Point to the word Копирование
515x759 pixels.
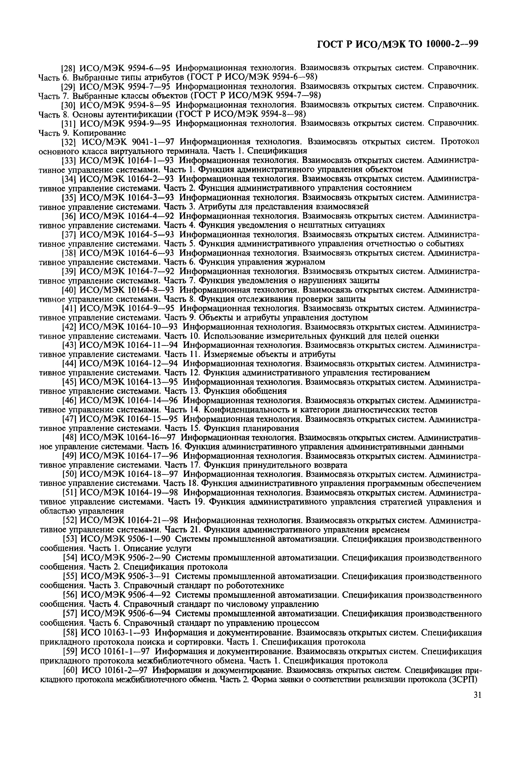(x=99, y=133)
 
